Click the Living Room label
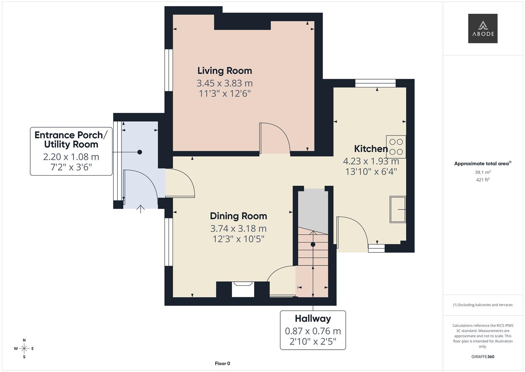pos(225,71)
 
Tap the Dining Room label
pos(238,216)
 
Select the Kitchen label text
pos(371,149)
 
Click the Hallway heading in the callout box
pos(313,319)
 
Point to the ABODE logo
pos(483,28)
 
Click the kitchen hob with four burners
pos(396,147)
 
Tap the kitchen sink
pos(398,209)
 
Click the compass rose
pos(24,349)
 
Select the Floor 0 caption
pos(222,363)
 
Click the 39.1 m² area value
pos(483,172)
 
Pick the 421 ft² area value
pos(483,180)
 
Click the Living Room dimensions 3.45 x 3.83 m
pos(225,83)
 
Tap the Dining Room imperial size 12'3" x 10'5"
pos(238,239)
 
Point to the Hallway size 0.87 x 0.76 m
pos(313,331)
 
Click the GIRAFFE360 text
pos(483,357)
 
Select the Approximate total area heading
pos(483,164)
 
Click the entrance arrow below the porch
pos(140,209)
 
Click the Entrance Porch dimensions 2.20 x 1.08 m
pos(71,157)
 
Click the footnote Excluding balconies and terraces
pos(483,305)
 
